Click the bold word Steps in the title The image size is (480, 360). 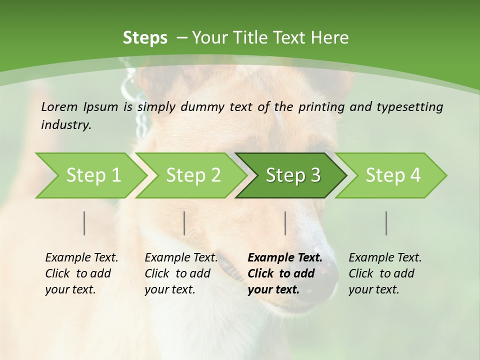[x=145, y=38]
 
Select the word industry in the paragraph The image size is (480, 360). [x=66, y=125]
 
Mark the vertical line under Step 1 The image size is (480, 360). [x=84, y=223]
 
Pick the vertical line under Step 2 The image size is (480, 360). [x=184, y=223]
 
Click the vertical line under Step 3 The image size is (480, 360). [x=285, y=223]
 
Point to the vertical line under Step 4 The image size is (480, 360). [x=386, y=223]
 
